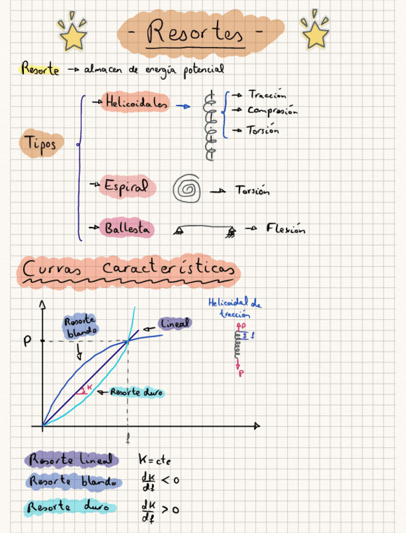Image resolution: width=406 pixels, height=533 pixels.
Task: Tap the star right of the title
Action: [314, 31]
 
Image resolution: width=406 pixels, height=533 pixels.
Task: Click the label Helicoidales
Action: [136, 103]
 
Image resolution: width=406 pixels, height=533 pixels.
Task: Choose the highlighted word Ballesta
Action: [128, 229]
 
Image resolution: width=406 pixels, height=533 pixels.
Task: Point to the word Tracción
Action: [267, 94]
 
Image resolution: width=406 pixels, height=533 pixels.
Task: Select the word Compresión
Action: [272, 111]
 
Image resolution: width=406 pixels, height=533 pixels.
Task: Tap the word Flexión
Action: [285, 229]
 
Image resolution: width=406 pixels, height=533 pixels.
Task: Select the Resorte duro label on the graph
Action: [136, 392]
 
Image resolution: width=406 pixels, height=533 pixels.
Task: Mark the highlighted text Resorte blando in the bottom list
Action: [72, 482]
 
